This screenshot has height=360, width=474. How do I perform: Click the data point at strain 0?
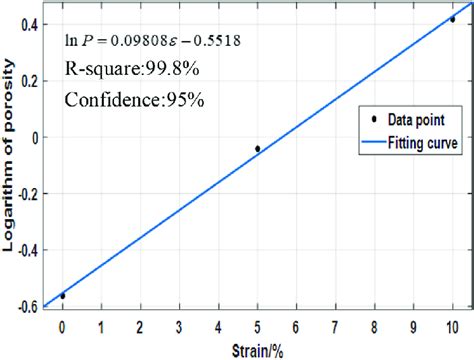click(62, 296)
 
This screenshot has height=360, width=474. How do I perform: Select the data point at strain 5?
click(257, 149)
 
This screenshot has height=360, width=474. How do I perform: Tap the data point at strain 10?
click(452, 19)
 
